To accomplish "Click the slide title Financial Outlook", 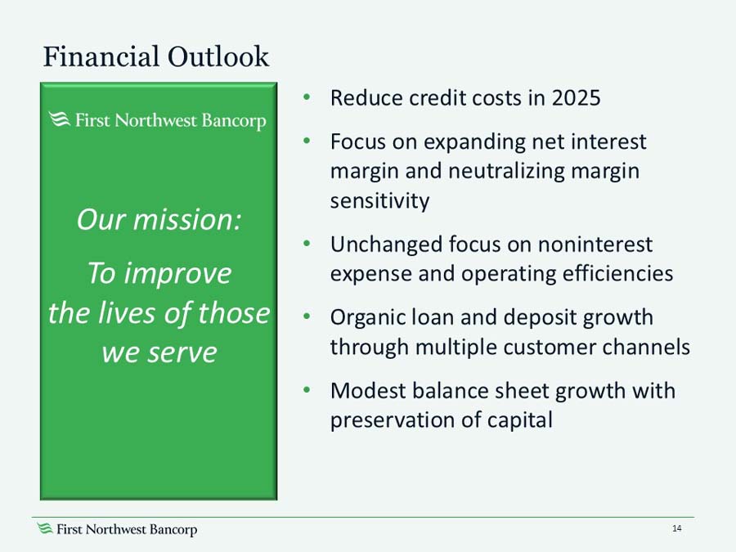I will point(155,56).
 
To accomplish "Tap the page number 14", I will point(676,529).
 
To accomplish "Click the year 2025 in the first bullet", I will point(576,98).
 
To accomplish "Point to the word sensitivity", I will point(379,200).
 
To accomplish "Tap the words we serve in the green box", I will point(159,352).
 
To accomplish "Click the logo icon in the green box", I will point(59,121).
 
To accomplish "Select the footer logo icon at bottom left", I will point(45,529).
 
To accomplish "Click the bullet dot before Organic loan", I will point(306,316).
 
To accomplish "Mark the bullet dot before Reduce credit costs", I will point(306,97).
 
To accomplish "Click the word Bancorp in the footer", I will point(173,530).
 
